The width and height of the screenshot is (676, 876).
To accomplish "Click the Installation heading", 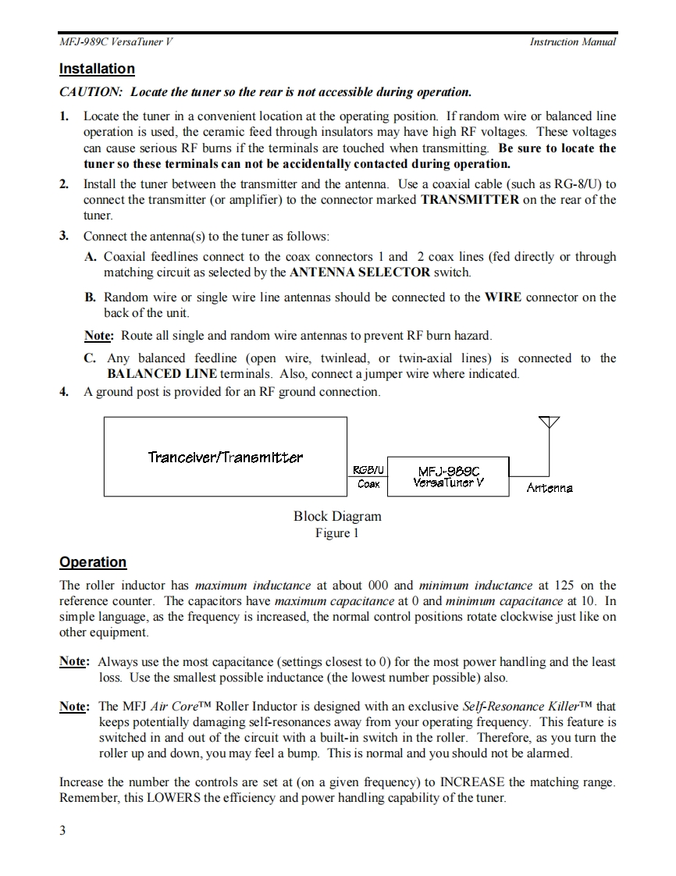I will point(97,69).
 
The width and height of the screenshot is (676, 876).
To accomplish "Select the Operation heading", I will point(93,562).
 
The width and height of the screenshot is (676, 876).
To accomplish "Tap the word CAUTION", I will point(91,92).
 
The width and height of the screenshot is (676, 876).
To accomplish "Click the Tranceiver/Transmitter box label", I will point(226,457).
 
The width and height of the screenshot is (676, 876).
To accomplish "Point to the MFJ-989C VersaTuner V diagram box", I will point(448,476).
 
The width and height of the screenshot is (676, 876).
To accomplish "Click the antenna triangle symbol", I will point(550,422).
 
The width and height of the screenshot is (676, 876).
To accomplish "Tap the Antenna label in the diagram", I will point(550,488).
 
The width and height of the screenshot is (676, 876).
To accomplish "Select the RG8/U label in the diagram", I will point(368,470).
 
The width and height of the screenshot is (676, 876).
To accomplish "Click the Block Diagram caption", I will point(337,516).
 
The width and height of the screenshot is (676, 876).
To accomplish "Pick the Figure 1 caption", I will point(337,532).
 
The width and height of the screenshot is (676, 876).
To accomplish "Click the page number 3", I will point(62,830).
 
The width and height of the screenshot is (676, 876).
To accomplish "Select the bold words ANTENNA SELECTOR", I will point(360,272).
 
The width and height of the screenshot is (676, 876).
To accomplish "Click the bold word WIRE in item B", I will point(503,297).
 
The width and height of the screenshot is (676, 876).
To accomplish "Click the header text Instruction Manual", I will point(572,42).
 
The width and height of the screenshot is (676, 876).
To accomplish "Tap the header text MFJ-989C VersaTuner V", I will point(116,42).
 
